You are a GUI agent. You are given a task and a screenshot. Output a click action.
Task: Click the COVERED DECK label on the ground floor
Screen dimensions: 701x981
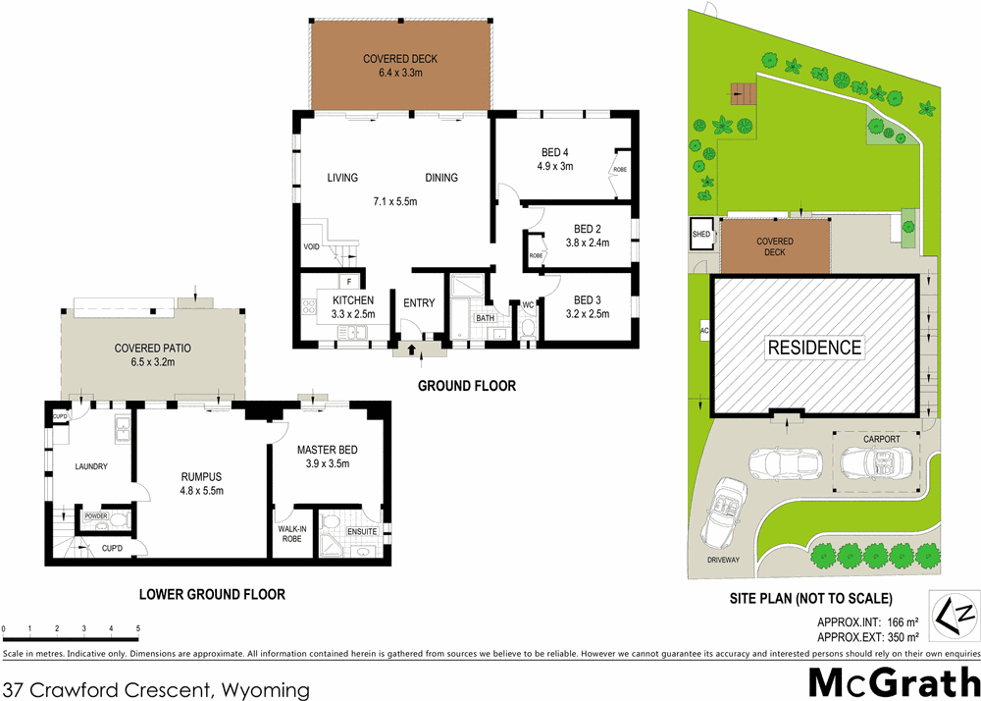tap(400, 59)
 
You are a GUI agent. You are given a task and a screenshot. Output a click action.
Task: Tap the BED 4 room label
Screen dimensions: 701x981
tap(554, 152)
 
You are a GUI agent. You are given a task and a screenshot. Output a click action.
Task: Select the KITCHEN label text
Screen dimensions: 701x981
tap(353, 299)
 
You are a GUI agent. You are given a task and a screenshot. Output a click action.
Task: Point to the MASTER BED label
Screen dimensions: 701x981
tap(329, 450)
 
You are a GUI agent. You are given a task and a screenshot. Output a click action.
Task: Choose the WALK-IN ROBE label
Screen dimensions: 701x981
tap(291, 534)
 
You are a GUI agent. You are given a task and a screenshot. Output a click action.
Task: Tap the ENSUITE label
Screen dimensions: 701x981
tap(361, 532)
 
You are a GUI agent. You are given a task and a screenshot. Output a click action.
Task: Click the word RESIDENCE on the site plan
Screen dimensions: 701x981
tap(814, 348)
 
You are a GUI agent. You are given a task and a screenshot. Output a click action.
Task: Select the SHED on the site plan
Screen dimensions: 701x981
tap(702, 234)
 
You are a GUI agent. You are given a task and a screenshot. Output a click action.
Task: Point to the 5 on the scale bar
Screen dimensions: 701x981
tap(137, 628)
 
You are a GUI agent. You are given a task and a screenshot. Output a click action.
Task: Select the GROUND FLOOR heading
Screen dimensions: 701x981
tap(466, 386)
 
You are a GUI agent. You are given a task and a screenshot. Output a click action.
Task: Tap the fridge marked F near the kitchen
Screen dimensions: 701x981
tap(349, 281)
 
